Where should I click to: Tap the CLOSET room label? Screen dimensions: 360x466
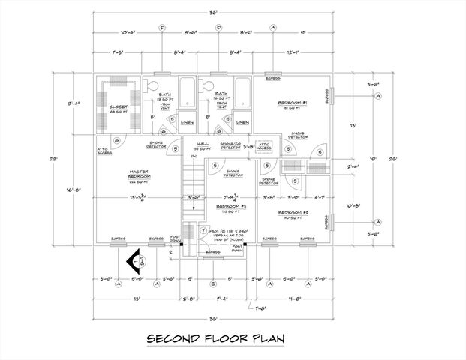coord(118,107)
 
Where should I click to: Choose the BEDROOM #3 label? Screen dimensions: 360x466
coord(230,205)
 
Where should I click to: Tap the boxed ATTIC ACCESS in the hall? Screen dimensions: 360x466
coord(264,145)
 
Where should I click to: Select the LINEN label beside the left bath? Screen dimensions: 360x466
coord(187,122)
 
